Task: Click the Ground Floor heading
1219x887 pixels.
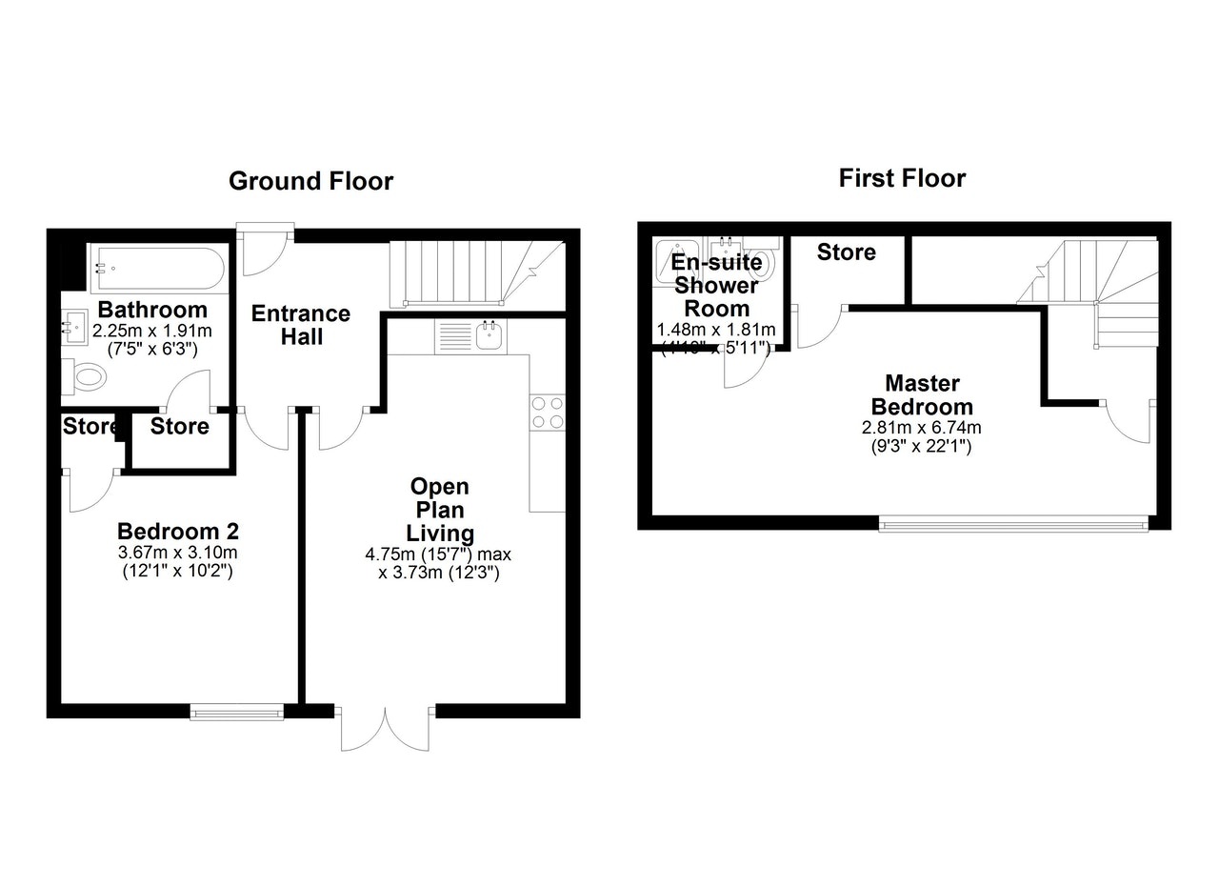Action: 310,181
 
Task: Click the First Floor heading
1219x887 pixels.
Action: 902,178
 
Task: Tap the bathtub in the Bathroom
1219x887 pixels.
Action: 156,268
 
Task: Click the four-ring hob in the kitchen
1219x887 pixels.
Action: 547,412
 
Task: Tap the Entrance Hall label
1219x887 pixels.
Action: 300,325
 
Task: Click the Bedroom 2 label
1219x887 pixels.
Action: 177,531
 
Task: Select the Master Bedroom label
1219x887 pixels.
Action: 922,395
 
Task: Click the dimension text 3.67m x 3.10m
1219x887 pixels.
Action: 177,553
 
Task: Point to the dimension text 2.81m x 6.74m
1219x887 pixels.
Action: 922,428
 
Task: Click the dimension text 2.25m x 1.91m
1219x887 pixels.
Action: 152,332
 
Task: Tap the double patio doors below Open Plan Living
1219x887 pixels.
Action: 386,728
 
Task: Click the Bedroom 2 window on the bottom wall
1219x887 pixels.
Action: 237,711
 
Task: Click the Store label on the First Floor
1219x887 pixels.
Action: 846,252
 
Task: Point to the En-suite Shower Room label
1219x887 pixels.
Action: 716,285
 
